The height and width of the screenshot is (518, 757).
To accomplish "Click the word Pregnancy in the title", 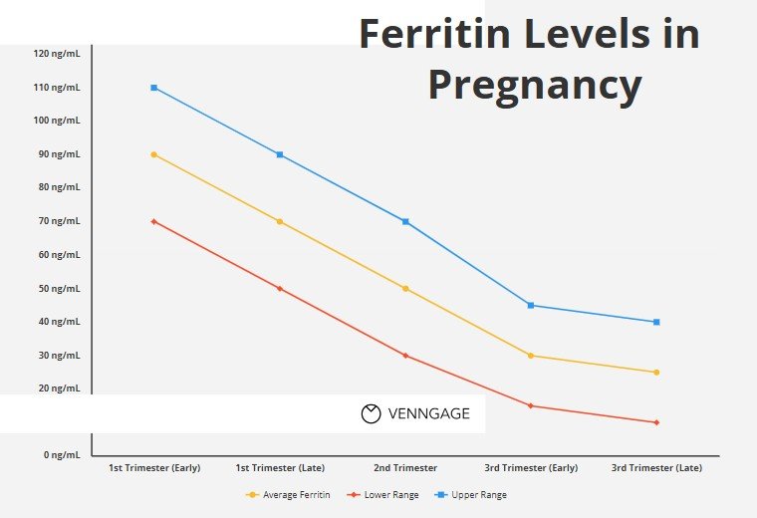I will (535, 85).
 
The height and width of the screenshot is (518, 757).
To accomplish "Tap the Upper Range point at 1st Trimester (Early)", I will (154, 88).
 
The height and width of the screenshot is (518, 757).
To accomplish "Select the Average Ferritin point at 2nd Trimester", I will (405, 289).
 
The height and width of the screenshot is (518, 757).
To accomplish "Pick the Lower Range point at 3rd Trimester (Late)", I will (656, 422).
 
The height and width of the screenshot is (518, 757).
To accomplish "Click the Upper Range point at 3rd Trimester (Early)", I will (531, 305).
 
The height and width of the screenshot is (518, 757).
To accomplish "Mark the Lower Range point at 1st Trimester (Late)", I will (280, 289).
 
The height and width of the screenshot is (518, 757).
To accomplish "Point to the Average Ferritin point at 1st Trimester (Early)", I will (154, 154).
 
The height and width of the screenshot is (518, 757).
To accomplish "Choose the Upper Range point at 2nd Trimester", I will (405, 221).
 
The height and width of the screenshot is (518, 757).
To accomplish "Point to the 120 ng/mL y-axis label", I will (57, 54).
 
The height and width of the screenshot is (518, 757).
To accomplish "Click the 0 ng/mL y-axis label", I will (61, 455).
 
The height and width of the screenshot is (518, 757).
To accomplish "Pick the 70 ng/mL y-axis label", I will (59, 221).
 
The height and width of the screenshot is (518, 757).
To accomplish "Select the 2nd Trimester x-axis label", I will (405, 468).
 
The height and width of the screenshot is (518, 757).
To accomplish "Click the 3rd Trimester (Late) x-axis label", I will (656, 468).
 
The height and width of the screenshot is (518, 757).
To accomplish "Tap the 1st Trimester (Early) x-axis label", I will (154, 468).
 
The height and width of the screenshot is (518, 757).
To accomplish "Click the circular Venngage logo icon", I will (372, 413).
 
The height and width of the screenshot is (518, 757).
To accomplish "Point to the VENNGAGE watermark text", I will (429, 413).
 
